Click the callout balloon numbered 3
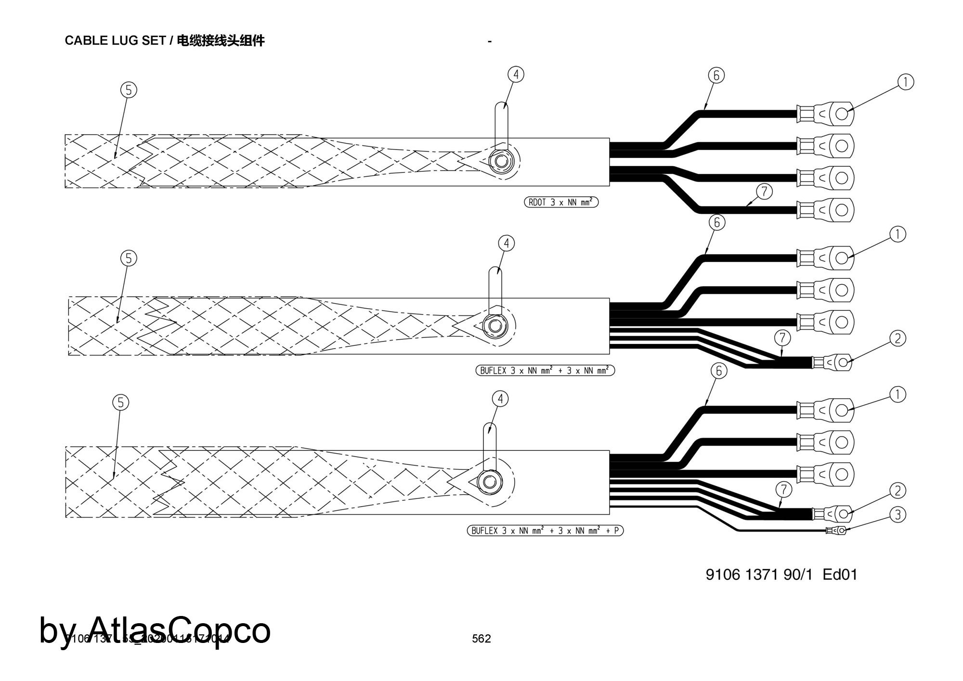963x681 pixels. [x=898, y=515]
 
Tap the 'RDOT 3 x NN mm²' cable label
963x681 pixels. [x=561, y=202]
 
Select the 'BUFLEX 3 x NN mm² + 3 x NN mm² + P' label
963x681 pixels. [x=545, y=531]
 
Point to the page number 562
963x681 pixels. [x=481, y=639]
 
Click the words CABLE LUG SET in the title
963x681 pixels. [x=115, y=40]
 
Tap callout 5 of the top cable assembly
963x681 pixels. [x=129, y=90]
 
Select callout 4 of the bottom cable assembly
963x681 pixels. [x=500, y=399]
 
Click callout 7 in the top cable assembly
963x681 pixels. [x=764, y=192]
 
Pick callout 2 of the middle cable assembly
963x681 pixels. [x=898, y=339]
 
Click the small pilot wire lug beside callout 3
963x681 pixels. [x=837, y=531]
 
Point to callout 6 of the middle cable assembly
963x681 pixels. [x=717, y=223]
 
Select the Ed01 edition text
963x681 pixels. [x=840, y=575]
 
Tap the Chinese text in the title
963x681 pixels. [x=221, y=40]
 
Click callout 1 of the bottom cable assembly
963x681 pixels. [x=898, y=395]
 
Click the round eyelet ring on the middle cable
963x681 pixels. [x=495, y=326]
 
